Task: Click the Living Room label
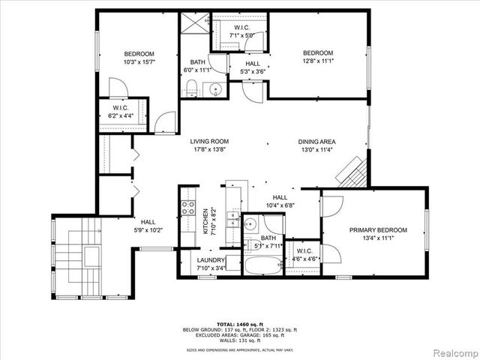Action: coord(208,141)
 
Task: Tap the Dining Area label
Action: coord(316,142)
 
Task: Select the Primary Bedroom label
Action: coord(377,229)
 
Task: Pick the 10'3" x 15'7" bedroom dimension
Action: coord(139,62)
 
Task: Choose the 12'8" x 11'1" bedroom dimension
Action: coord(317,61)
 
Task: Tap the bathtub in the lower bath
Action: coord(262,265)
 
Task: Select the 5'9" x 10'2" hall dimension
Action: coord(148,231)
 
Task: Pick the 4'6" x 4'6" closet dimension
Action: coord(304,259)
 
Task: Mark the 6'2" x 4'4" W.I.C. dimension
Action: coord(121,116)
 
